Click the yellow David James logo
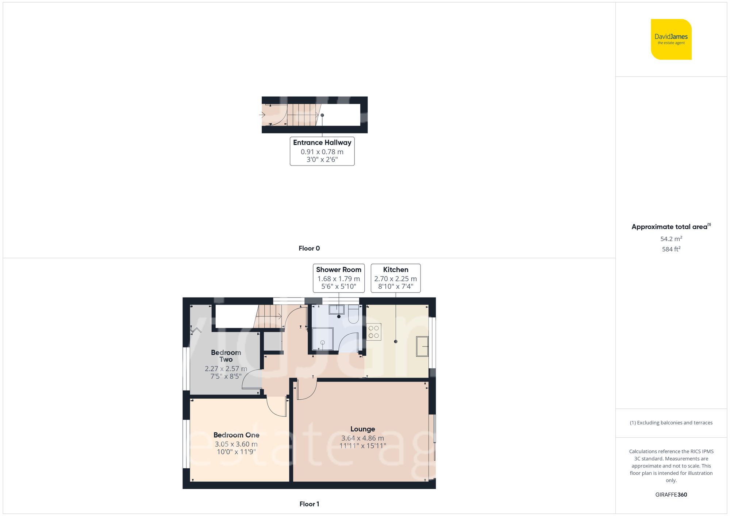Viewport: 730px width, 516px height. (x=671, y=39)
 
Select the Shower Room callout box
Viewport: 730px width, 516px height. (x=338, y=278)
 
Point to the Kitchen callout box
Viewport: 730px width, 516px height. (x=395, y=278)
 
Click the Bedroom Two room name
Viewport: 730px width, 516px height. (x=226, y=356)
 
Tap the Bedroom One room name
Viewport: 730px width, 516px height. (x=236, y=435)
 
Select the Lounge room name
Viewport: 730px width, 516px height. (x=362, y=429)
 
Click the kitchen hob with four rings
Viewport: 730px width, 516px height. (x=374, y=332)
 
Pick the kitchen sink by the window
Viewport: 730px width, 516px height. (x=422, y=346)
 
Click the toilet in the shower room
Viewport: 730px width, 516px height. (x=353, y=315)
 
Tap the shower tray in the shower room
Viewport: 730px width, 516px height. (x=322, y=339)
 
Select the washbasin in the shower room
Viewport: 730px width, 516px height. (x=337, y=310)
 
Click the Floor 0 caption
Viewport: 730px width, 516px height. (x=309, y=248)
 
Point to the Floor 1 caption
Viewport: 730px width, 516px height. (x=309, y=504)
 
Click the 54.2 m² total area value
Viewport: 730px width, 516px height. (x=671, y=239)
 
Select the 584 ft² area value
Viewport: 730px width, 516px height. (x=671, y=249)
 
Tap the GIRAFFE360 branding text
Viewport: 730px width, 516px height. (x=671, y=494)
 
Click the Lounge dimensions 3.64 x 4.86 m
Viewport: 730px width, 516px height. (x=362, y=438)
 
